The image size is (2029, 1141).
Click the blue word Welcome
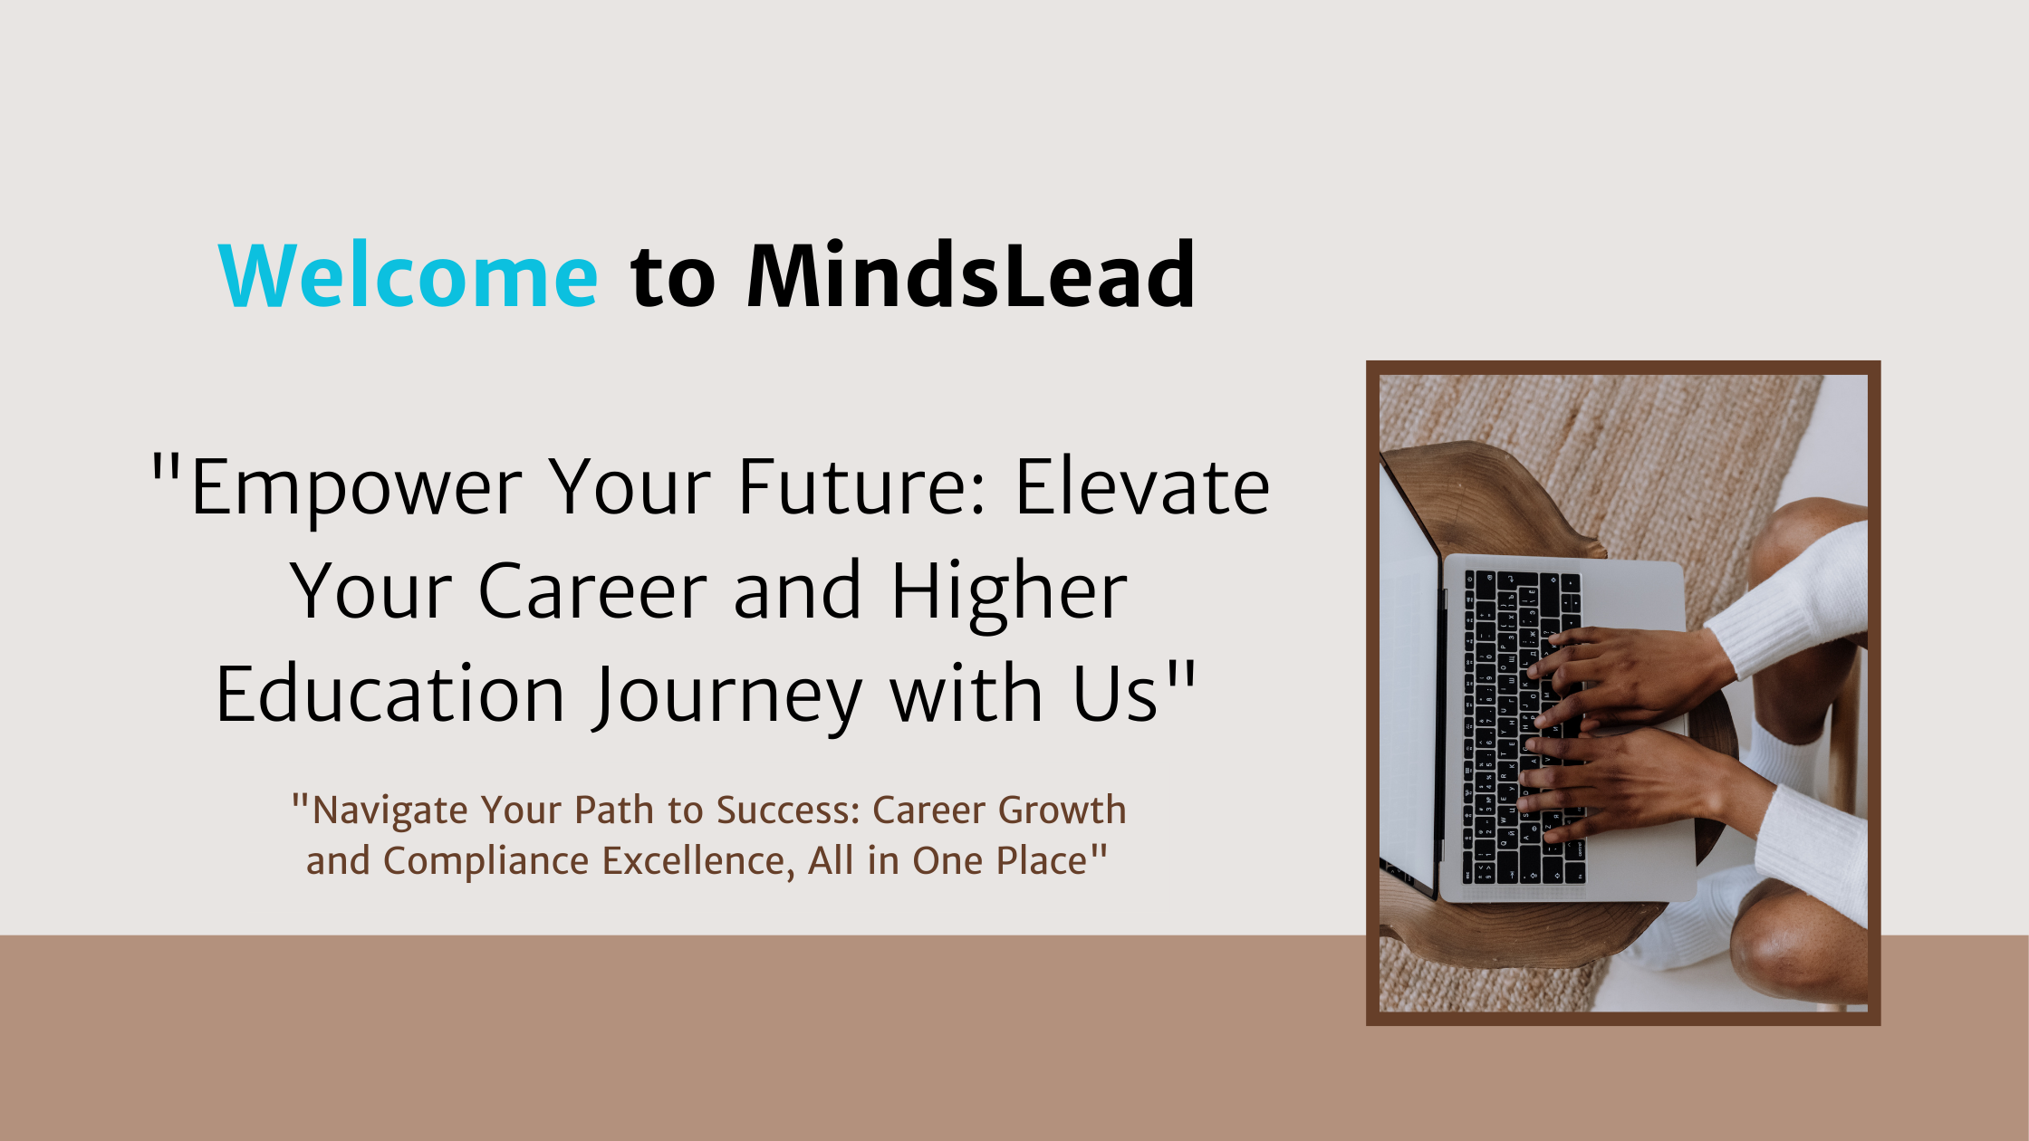[x=408, y=276]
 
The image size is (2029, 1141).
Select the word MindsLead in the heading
[x=970, y=276]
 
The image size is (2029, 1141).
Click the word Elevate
[x=1142, y=489]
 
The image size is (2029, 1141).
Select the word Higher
[x=1009, y=593]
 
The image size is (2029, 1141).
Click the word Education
[x=390, y=695]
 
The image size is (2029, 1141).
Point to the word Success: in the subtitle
[x=788, y=810]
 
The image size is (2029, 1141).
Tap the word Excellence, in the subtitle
[x=698, y=861]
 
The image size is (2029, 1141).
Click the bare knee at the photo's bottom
[x=1798, y=951]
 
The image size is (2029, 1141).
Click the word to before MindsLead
[x=672, y=276]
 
